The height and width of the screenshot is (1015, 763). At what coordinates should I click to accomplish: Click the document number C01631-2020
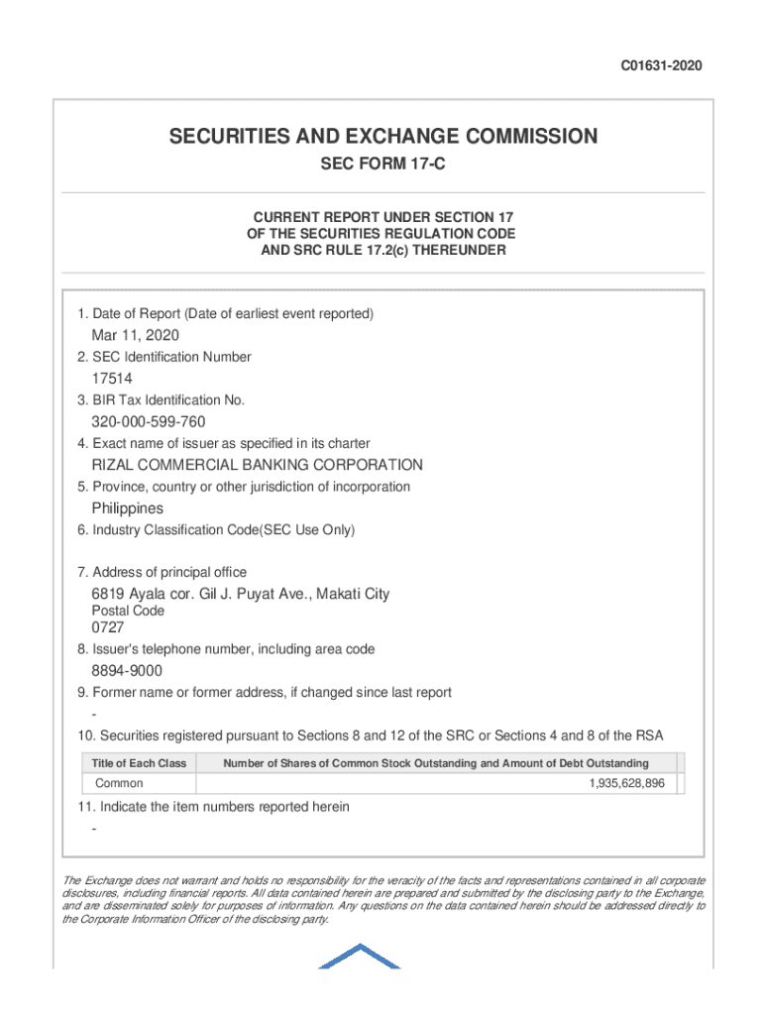(x=662, y=66)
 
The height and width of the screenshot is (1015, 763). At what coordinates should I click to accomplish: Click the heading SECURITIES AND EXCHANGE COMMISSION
(x=382, y=137)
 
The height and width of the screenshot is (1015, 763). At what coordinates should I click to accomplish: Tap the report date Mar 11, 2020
(x=136, y=335)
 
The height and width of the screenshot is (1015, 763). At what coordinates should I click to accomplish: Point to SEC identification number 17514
(x=112, y=379)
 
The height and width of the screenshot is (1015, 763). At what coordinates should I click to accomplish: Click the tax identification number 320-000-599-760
(x=149, y=422)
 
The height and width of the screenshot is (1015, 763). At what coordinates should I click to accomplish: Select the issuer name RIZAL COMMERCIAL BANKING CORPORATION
(x=258, y=465)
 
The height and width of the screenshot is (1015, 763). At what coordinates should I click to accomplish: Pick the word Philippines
(x=128, y=508)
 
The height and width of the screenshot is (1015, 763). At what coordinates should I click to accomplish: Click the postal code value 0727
(x=108, y=627)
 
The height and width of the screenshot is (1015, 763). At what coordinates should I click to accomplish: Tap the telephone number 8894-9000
(x=128, y=671)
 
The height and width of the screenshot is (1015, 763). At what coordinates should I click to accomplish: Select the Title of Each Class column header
(x=139, y=763)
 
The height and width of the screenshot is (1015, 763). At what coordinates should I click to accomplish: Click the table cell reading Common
(x=119, y=784)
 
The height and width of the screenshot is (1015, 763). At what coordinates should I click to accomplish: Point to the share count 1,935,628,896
(x=626, y=784)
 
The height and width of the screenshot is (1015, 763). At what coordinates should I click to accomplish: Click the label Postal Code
(x=128, y=611)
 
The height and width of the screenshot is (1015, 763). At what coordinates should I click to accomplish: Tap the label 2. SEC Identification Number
(x=164, y=357)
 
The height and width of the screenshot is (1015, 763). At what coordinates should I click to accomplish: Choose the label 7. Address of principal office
(x=163, y=572)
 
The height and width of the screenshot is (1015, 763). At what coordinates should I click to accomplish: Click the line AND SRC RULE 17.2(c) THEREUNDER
(x=382, y=251)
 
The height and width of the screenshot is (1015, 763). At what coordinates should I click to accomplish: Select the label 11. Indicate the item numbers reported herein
(x=213, y=807)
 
